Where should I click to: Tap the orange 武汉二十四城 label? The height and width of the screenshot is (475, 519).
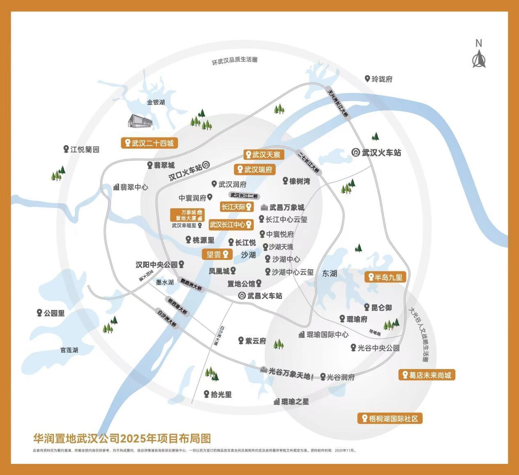coord(149,143)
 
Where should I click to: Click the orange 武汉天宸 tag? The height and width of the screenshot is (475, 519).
coord(262,154)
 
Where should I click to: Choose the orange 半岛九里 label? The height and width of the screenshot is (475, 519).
coord(385,277)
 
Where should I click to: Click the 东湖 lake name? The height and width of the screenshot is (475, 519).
coord(329,273)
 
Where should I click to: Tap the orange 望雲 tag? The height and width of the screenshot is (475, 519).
coord(217,255)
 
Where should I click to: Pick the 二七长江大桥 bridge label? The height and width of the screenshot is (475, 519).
coord(308,162)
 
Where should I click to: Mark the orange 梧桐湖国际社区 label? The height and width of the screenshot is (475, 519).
coord(390,418)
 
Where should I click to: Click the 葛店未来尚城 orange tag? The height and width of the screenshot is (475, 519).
coord(427,375)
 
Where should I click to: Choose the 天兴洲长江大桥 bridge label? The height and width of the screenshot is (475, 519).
coord(338,104)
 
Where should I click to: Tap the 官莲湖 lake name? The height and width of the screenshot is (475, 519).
coord(69,350)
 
